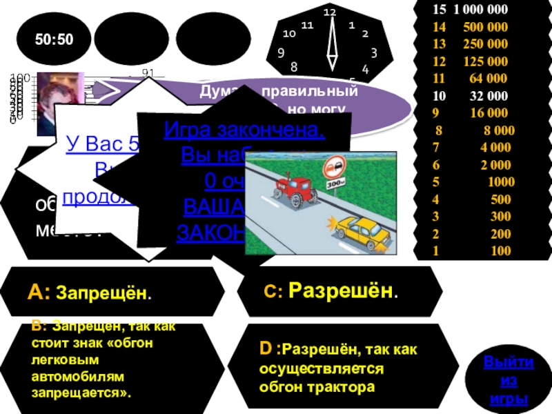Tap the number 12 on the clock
329,13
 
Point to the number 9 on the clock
281,52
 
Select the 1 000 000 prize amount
479,10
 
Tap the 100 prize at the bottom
500,251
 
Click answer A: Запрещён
90,293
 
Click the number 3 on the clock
373,52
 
